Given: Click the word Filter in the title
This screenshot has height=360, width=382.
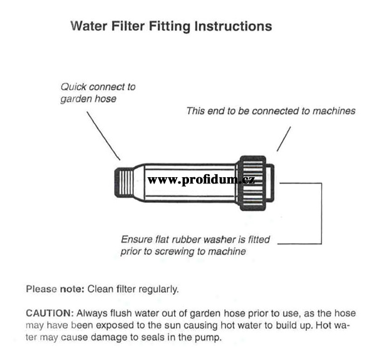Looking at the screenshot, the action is [x=128, y=26].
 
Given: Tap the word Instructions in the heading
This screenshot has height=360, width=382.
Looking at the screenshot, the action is [x=233, y=26].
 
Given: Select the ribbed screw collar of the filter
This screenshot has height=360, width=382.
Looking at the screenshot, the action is [x=252, y=183].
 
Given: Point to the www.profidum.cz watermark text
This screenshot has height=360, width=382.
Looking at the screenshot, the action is [x=201, y=180].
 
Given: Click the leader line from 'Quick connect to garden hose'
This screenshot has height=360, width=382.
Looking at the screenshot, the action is [x=103, y=136].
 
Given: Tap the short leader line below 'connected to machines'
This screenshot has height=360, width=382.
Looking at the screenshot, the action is [x=284, y=139].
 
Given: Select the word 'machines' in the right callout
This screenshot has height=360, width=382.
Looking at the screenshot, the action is [x=334, y=111].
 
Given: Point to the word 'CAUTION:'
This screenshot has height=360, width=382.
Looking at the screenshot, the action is [x=49, y=313].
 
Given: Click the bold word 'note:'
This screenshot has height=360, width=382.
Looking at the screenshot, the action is [x=72, y=289].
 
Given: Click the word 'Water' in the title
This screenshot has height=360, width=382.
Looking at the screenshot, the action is [x=89, y=26].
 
